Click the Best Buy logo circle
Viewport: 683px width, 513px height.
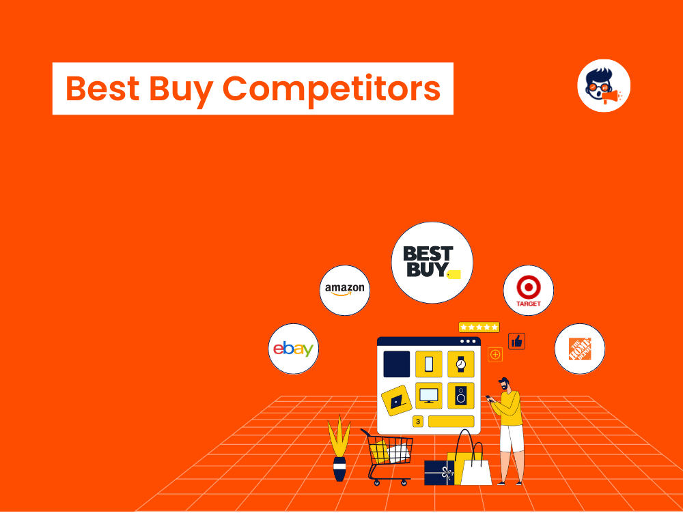(x=432, y=263)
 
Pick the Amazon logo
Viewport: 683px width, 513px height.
(x=345, y=290)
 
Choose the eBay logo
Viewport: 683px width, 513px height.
(x=294, y=349)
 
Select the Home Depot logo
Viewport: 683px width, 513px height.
(x=579, y=348)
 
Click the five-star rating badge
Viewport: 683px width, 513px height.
(x=479, y=327)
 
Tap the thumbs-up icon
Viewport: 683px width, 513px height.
(x=516, y=341)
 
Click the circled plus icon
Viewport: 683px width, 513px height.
(x=495, y=355)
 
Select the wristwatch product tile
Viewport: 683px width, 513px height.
(x=460, y=364)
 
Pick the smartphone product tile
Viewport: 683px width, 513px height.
(x=429, y=364)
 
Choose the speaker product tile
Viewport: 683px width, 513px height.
(x=460, y=396)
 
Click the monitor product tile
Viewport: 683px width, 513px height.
(x=429, y=396)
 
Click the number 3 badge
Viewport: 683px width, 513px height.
(x=417, y=421)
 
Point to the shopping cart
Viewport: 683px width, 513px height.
(x=387, y=455)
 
